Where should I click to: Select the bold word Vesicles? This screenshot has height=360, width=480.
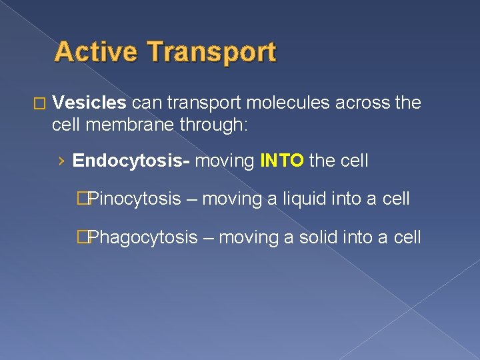tap(89, 103)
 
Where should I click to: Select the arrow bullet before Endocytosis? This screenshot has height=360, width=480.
tap(61, 161)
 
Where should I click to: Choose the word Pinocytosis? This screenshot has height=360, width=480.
tap(134, 199)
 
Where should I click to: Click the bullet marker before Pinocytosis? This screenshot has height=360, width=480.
tap(82, 199)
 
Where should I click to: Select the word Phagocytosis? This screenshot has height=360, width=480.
tap(143, 237)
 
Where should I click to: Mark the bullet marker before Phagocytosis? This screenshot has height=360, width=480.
tap(82, 237)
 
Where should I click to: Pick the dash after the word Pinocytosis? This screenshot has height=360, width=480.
tap(191, 199)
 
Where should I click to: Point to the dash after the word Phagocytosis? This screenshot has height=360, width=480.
tap(208, 237)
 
